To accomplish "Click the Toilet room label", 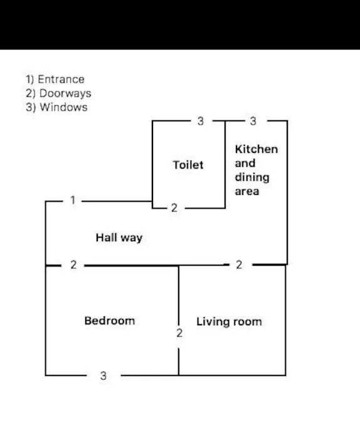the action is coord(188,165).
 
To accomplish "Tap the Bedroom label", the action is coord(110,321).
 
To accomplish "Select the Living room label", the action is coord(229,322).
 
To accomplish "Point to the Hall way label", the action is coord(119,237).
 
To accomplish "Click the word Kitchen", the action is coord(257,149).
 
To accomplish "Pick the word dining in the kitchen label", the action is coord(252,177).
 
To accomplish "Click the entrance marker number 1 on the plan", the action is coord(73,200).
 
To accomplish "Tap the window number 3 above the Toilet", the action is coord(201,121).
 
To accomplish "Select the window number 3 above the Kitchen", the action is coord(253,121).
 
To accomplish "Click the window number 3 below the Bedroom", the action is coord(103,376).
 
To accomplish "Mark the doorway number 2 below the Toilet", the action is coord(174,208).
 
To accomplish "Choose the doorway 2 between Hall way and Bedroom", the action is coord(73,265).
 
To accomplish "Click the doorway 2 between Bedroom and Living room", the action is coord(179,333).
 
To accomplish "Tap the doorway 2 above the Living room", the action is coord(239,265).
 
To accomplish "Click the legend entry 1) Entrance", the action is coord(55,80).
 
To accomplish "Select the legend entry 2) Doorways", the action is coord(58,93).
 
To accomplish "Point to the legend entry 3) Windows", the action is coord(56,107).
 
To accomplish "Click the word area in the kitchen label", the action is coord(247,191).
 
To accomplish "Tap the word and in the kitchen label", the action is coord(245,163).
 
